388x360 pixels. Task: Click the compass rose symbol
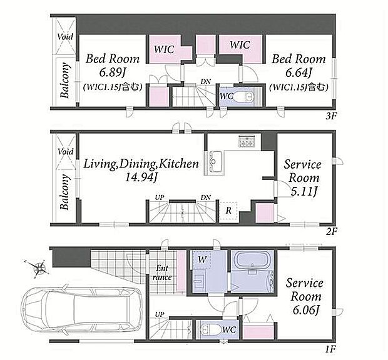pyautogui.click(x=39, y=268)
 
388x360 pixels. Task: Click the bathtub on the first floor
pyautogui.click(x=252, y=262)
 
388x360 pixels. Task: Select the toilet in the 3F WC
pyautogui.click(x=243, y=97)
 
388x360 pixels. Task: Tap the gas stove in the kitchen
pyautogui.click(x=247, y=141)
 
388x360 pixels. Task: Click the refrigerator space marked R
pyautogui.click(x=228, y=211)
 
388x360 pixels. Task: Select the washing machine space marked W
pyautogui.click(x=202, y=259)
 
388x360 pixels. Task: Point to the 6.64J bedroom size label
pyautogui.click(x=298, y=73)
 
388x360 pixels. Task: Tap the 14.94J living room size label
pyautogui.click(x=141, y=177)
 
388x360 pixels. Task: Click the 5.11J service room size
pyautogui.click(x=304, y=191)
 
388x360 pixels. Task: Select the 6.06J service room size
pyautogui.click(x=305, y=310)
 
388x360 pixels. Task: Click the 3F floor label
pyautogui.click(x=331, y=116)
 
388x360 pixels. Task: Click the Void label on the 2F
pyautogui.click(x=65, y=151)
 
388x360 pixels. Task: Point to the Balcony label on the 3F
pyautogui.click(x=64, y=80)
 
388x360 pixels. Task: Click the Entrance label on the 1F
pyautogui.click(x=162, y=272)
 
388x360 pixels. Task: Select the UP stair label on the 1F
pyautogui.click(x=160, y=314)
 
